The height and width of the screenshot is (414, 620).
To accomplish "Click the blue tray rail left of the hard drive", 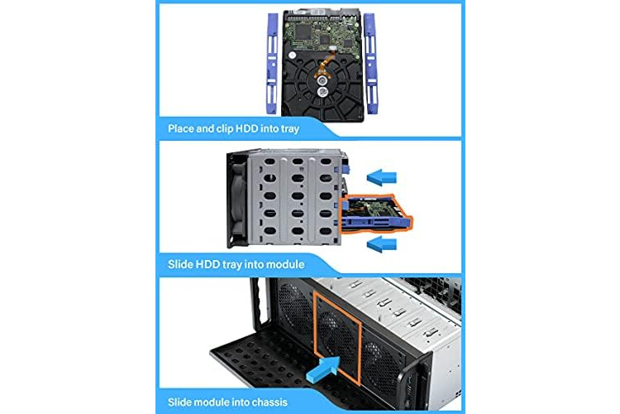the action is (x=273, y=64).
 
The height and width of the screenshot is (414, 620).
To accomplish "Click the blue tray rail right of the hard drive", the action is (x=370, y=64).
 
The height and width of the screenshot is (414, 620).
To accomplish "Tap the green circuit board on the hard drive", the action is (x=324, y=36).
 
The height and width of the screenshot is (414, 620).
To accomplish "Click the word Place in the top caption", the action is (x=181, y=129).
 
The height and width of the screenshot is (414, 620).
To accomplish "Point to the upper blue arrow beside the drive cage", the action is (x=382, y=176).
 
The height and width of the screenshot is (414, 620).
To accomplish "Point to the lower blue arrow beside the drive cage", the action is (x=382, y=243).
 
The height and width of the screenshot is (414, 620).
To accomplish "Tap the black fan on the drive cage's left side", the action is (x=237, y=200).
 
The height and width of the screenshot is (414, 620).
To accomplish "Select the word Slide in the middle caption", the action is (x=181, y=265).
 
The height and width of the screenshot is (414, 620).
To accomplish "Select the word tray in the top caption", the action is (x=290, y=129).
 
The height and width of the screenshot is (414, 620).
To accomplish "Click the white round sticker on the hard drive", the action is (x=292, y=55).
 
